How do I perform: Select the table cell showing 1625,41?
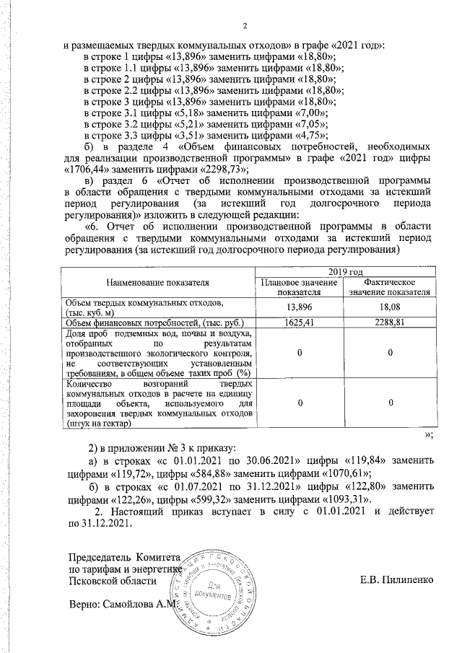[298, 322]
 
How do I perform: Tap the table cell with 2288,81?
[389, 322]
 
